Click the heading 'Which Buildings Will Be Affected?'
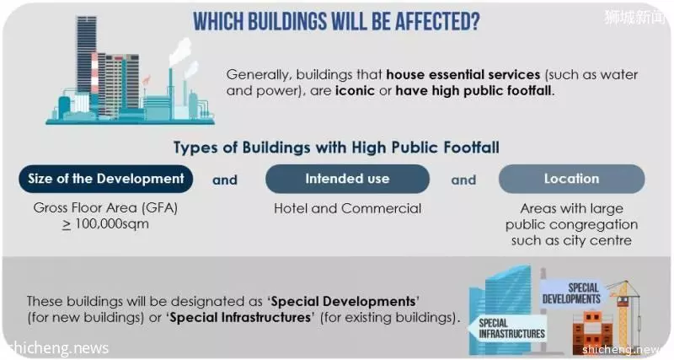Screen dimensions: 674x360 pyautogui.click(x=336, y=21)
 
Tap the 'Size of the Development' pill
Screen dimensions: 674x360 pyautogui.click(x=106, y=179)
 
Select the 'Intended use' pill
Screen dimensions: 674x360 pyautogui.click(x=347, y=179)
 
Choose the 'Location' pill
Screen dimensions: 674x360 pyautogui.click(x=571, y=179)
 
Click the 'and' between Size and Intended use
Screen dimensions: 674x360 pyautogui.click(x=225, y=180)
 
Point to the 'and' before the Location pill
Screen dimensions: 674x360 pyautogui.click(x=463, y=180)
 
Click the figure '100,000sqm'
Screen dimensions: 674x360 pyautogui.click(x=112, y=224)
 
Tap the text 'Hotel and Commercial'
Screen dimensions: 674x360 pyautogui.click(x=347, y=208)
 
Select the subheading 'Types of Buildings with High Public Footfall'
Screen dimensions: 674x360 pyautogui.click(x=336, y=148)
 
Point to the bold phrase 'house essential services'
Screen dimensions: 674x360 pyautogui.click(x=463, y=74)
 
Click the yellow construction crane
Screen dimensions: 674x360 pyautogui.click(x=624, y=313)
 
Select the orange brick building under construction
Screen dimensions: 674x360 pyautogui.click(x=593, y=332)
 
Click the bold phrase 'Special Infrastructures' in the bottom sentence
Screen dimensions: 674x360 pyautogui.click(x=240, y=317)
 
